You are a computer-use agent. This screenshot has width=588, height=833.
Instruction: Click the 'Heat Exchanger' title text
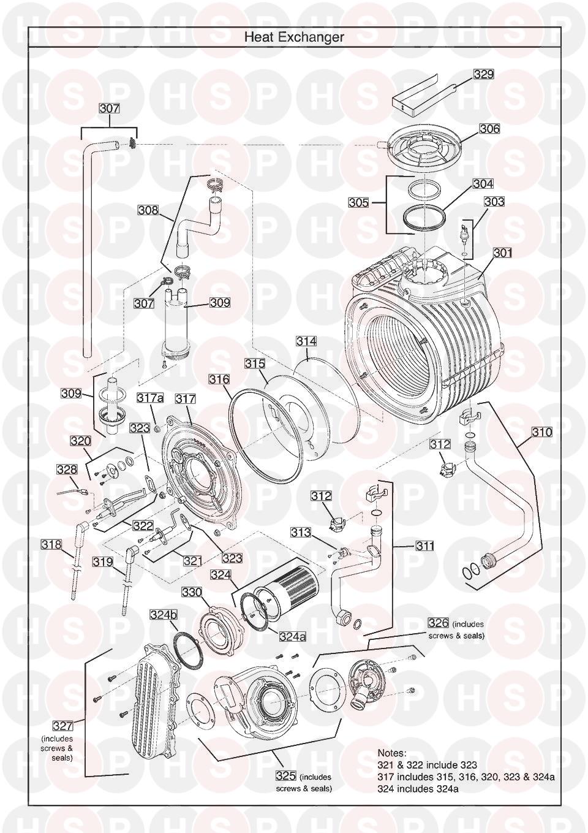(x=294, y=37)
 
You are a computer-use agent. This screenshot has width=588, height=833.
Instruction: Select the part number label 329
(x=483, y=74)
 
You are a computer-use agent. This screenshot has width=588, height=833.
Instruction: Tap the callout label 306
(x=489, y=128)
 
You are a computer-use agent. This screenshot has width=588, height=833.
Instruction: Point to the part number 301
(x=502, y=252)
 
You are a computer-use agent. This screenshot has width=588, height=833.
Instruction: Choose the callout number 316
(x=219, y=379)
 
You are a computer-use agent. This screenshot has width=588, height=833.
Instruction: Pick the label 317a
(x=150, y=398)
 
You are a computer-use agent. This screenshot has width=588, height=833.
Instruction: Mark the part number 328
(x=67, y=470)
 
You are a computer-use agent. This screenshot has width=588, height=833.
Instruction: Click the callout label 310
(x=541, y=432)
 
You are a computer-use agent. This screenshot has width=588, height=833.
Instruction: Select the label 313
(x=301, y=533)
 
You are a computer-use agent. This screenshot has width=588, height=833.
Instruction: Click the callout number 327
(x=62, y=726)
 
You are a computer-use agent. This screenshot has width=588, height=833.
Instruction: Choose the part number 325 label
(x=286, y=777)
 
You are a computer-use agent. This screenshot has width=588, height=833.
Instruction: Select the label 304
(x=483, y=183)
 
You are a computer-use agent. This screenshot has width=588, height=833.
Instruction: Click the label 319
(x=103, y=561)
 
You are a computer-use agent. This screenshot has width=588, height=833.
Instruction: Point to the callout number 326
(x=439, y=623)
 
